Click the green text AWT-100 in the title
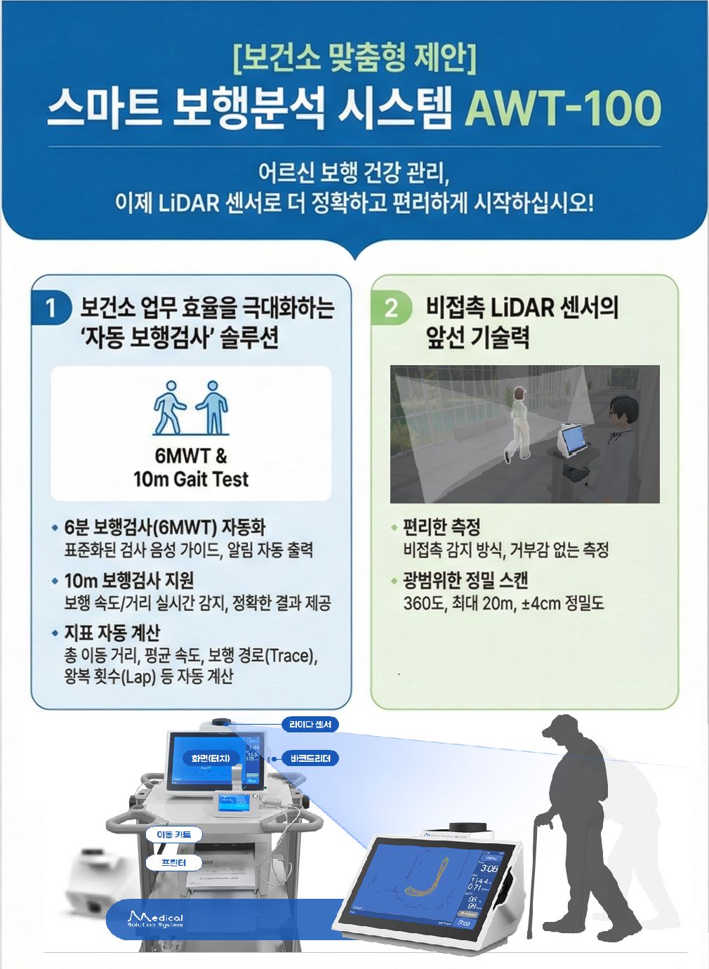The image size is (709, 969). (x=563, y=108)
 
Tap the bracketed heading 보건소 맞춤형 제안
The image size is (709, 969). (x=354, y=58)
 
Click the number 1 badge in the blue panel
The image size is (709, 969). (x=51, y=308)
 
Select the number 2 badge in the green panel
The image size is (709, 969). (x=391, y=308)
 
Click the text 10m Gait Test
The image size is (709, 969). (x=191, y=480)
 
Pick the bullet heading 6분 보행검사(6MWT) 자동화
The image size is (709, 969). (x=165, y=527)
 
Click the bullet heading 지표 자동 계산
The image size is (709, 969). (x=112, y=633)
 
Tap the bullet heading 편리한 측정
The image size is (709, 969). (x=442, y=527)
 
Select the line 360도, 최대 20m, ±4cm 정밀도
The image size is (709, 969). (x=503, y=603)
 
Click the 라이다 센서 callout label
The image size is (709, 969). (x=310, y=725)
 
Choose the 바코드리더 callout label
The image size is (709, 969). (x=310, y=758)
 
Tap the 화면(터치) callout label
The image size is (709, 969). (x=211, y=758)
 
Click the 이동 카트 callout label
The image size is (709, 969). (x=173, y=834)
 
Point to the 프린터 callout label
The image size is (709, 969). (x=173, y=862)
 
